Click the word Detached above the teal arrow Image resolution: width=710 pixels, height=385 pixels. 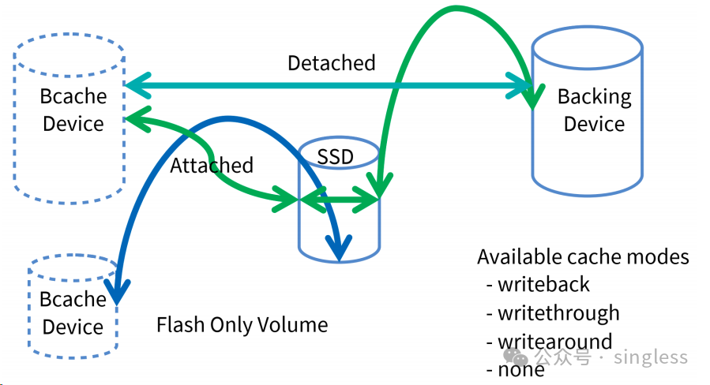coord(332,63)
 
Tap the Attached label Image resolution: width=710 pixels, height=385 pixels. coord(212,165)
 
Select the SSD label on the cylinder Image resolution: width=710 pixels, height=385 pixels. coord(335,157)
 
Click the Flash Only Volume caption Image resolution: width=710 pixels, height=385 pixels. coord(242,325)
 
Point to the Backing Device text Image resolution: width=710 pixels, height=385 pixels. coord(594,110)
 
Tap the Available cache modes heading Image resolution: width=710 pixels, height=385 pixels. coord(583,257)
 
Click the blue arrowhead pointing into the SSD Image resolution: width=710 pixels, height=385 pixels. coord(339,248)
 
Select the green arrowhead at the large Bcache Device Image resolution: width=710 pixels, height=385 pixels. coord(137,119)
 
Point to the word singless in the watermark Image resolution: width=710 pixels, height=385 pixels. coord(651,357)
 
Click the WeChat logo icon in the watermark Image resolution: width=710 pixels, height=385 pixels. coord(515,356)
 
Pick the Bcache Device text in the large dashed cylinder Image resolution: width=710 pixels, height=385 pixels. coord(73,110)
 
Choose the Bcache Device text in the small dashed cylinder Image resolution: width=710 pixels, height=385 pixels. coord(73,313)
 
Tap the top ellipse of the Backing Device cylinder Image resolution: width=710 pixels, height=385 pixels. coord(588,47)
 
